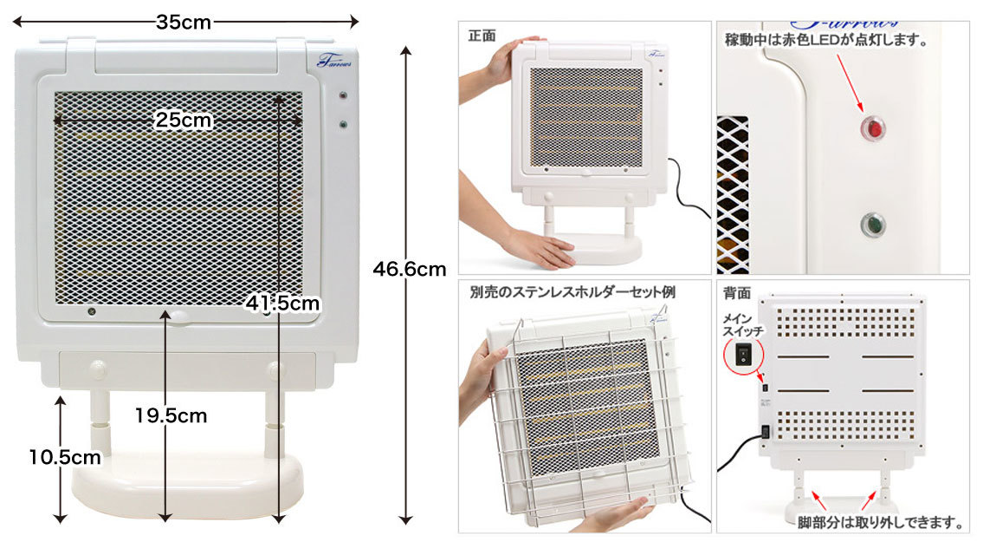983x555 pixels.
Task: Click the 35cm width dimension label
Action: tap(183, 22)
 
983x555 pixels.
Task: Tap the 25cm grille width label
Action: tap(183, 120)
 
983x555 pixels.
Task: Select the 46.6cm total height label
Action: tap(410, 270)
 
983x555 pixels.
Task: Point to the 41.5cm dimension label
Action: tap(282, 304)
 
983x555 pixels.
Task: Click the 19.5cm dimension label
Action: tap(171, 415)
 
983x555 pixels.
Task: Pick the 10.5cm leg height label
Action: tap(65, 457)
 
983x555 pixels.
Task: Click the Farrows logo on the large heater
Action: tap(334, 61)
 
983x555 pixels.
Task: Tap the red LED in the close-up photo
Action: tap(872, 128)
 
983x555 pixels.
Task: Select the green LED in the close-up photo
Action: tap(872, 225)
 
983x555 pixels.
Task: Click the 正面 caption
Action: tap(482, 36)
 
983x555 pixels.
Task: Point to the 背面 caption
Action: tap(737, 292)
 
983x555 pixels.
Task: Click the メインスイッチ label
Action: tap(742, 324)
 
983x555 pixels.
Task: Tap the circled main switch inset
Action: tap(743, 356)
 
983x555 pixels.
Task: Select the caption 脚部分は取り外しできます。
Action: tap(880, 522)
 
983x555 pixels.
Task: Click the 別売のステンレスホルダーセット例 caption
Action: tap(572, 292)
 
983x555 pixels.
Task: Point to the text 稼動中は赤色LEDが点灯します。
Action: tap(825, 40)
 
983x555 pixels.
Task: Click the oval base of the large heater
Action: tap(188, 483)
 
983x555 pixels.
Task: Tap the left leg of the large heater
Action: tap(100, 422)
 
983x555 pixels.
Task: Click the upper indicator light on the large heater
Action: tap(342, 96)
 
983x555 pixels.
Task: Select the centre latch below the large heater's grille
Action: tap(178, 317)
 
